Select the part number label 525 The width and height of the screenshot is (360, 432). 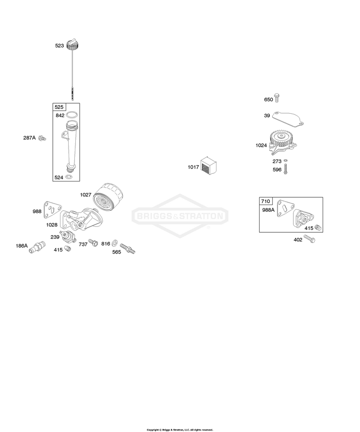point(59,107)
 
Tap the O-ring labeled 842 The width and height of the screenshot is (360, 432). point(72,115)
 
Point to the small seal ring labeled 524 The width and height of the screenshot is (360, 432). point(70,177)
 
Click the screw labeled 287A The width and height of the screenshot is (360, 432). point(42,138)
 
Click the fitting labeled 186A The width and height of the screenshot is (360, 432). point(37,247)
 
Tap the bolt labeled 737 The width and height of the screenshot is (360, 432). point(93,243)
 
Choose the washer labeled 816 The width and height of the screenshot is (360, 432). point(115,243)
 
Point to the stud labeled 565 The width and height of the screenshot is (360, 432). point(128,249)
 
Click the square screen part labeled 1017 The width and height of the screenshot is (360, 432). point(208,166)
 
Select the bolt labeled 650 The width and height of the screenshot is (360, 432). point(277,98)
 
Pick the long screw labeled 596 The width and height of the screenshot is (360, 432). point(285,168)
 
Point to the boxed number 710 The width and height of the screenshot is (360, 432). point(265,201)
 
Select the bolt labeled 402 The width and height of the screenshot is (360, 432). point(310,239)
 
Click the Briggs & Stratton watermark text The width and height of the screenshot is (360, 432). point(180,216)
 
